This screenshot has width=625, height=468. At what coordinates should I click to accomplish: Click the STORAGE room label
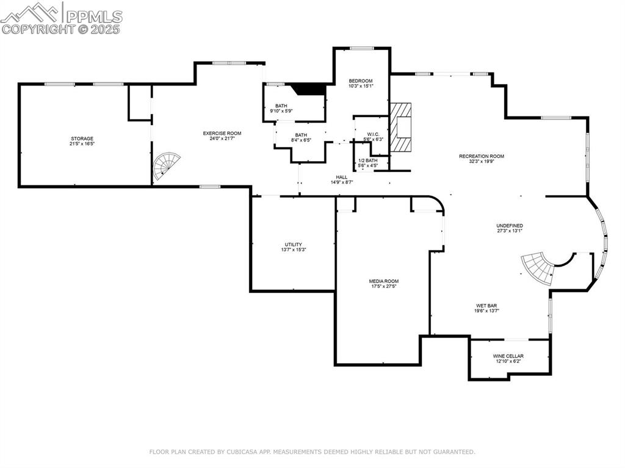coord(82,139)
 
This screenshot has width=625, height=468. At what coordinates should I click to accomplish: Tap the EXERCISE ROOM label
coord(222,133)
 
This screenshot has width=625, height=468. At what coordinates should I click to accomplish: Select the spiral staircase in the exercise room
coord(166,165)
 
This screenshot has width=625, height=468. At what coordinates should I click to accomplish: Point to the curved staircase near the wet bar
coord(537,267)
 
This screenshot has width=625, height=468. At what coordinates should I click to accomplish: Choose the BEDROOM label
coord(360,81)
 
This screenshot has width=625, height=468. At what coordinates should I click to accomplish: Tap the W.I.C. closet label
coord(373,134)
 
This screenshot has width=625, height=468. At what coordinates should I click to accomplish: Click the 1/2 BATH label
coord(367,160)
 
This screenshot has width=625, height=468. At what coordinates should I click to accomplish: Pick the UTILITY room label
coord(293,244)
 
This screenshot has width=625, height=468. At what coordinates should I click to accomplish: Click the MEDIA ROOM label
coord(383,281)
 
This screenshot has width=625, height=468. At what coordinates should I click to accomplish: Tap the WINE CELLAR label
coord(508,356)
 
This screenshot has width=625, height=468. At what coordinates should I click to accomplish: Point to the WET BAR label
coord(486,305)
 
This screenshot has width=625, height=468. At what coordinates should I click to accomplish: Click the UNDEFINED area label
coord(509,225)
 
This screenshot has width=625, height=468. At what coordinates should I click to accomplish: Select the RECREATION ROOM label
coord(482,156)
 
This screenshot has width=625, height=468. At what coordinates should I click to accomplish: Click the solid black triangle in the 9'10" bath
coord(309,89)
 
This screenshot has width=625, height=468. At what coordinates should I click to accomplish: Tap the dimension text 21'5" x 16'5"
coord(82,144)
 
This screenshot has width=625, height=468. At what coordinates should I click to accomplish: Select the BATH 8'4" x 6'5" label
coord(301,135)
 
